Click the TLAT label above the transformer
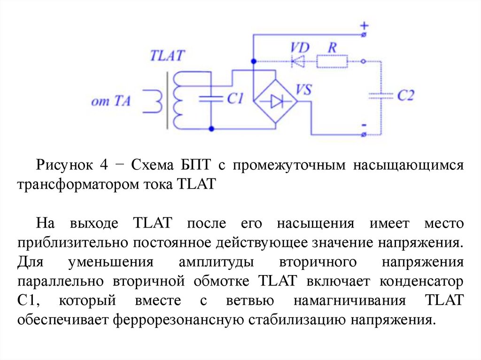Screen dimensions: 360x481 coord(167,56)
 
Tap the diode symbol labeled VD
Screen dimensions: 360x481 coord(297,61)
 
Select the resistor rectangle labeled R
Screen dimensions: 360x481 coord(332,61)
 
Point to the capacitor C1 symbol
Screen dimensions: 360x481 coord(211,99)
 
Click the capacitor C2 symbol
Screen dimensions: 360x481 coord(380,95)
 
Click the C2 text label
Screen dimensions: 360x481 coord(405,96)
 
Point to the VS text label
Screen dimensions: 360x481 coord(303,89)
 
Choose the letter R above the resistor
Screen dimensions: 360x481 coord(332,47)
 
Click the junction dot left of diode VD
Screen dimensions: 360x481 coord(254,61)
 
